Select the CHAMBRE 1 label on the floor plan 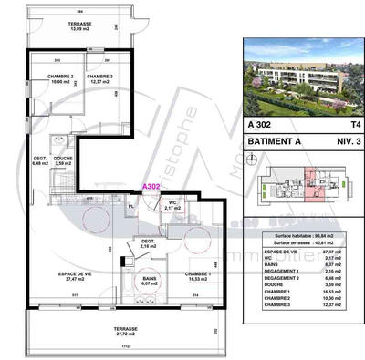(x=200, y=275)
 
